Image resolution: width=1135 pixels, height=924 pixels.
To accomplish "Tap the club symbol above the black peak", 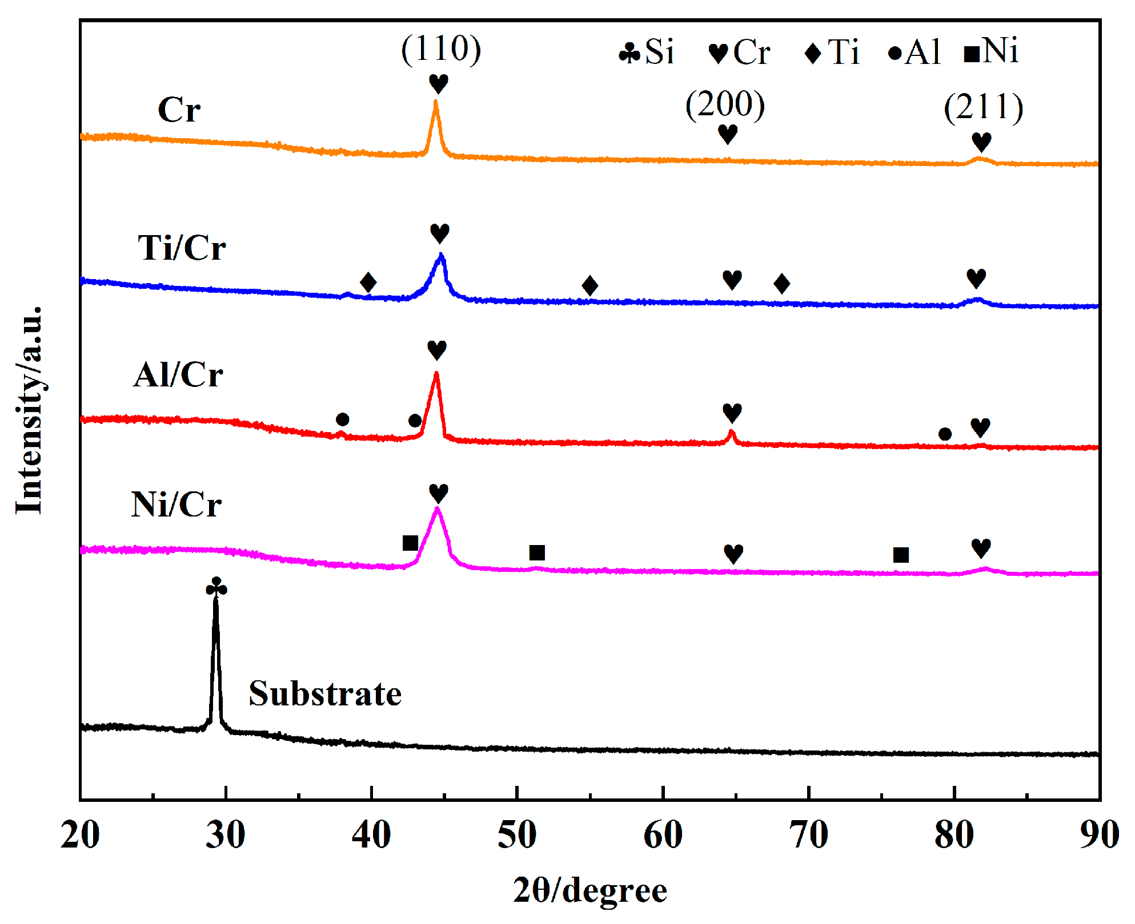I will tap(216, 587).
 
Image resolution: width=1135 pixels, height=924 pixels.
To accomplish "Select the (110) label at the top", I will tap(441, 49).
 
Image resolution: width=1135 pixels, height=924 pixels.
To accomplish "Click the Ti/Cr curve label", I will tap(182, 248).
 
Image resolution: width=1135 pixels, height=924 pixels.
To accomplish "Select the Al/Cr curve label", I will tap(178, 376).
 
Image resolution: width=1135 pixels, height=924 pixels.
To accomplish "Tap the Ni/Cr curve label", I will tap(176, 505).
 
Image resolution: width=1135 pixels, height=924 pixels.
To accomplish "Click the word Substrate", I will tap(325, 695).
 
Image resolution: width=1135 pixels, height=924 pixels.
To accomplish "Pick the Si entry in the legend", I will tap(647, 53).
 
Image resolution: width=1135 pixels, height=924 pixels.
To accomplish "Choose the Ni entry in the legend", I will tap(990, 51).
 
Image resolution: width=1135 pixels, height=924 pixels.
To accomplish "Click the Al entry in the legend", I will tap(915, 53).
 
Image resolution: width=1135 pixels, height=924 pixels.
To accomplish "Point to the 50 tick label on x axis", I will tap(517, 836).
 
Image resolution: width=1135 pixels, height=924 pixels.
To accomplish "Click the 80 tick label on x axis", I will tap(954, 836).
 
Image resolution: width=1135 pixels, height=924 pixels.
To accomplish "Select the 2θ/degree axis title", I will tap(590, 891).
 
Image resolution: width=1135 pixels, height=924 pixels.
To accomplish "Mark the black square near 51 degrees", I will tap(537, 552).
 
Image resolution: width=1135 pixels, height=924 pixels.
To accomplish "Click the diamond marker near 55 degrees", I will tap(590, 285).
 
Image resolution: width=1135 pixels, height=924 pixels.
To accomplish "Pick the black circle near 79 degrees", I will tap(945, 434).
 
